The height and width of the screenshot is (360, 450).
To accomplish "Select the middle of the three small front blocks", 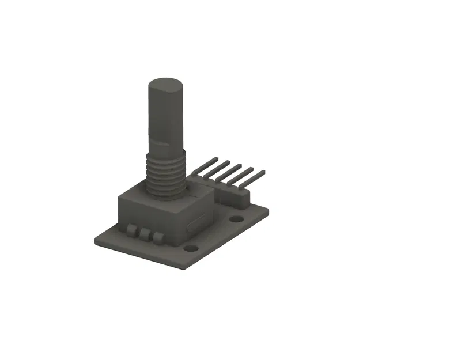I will pyautogui.click(x=144, y=234).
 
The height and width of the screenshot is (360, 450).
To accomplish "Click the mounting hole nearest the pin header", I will pyautogui.click(x=236, y=219).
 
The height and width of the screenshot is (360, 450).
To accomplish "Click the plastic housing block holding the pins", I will pyautogui.click(x=230, y=196).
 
